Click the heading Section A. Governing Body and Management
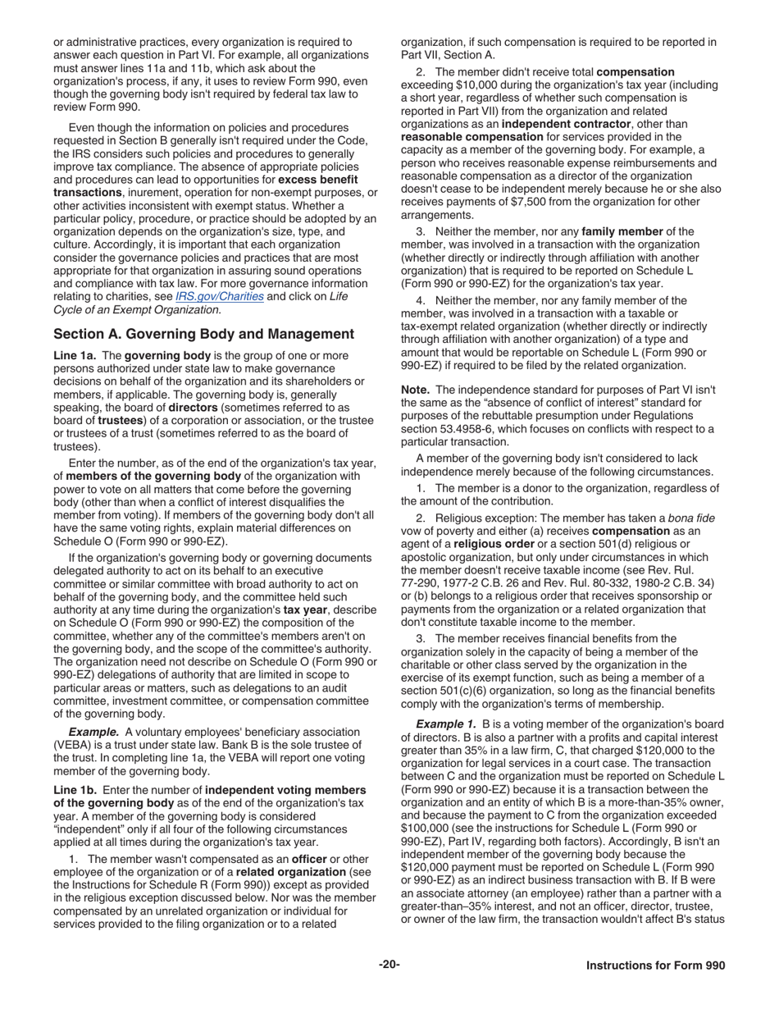click(203, 334)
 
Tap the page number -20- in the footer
click(389, 965)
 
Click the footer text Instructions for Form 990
click(655, 966)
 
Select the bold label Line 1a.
click(75, 355)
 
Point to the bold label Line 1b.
click(75, 789)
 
